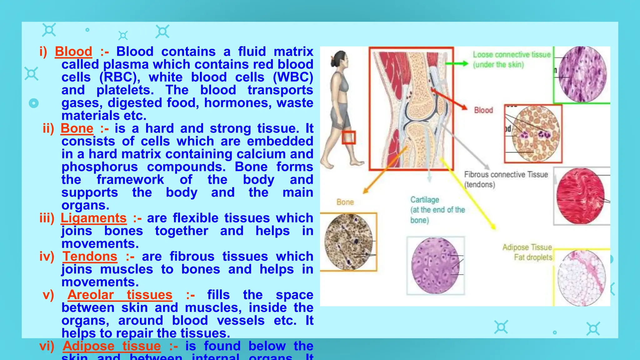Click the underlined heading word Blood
click(x=73, y=52)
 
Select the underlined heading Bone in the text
click(x=77, y=128)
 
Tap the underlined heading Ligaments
click(x=93, y=218)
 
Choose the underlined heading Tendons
click(x=90, y=257)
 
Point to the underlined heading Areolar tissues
click(x=120, y=295)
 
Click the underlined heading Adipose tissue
click(x=112, y=346)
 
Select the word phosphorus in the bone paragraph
click(x=99, y=167)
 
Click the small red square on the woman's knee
click(x=348, y=137)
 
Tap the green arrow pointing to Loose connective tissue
click(x=456, y=64)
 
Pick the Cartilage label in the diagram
click(x=424, y=200)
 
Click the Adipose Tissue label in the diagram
click(x=527, y=247)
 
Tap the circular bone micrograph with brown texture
click(x=348, y=242)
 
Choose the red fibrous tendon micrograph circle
click(x=580, y=196)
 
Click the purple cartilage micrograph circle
click(x=435, y=266)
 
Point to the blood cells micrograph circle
click(x=536, y=133)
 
